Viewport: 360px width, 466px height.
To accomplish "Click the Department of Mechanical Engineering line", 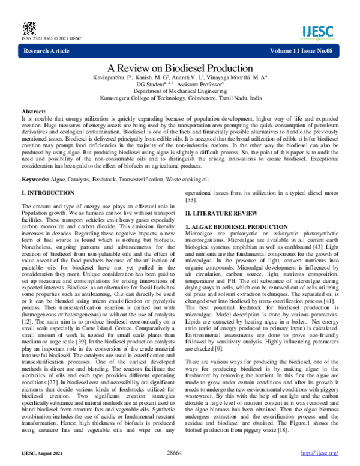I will point(180,90).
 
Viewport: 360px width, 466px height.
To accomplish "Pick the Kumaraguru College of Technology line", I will point(180,97).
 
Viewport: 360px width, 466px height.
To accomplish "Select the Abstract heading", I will point(35,112).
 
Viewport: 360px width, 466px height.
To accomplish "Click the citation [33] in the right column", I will point(191,200).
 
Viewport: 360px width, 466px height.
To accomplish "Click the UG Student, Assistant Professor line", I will point(180,83).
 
